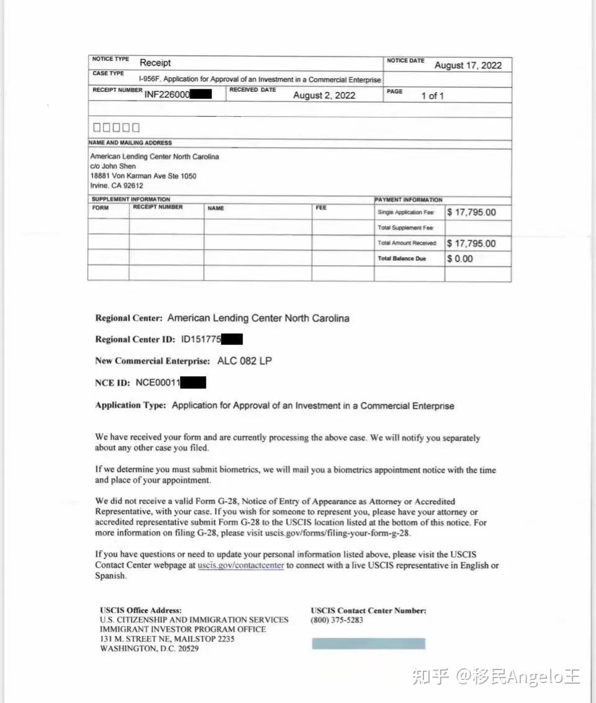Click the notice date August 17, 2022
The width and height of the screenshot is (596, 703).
click(x=467, y=65)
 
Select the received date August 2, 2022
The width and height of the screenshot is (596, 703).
click(x=324, y=95)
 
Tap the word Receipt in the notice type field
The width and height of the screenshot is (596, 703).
click(x=155, y=63)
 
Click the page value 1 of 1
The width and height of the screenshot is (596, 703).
click(x=432, y=96)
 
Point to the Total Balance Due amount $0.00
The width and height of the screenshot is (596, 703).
click(x=459, y=259)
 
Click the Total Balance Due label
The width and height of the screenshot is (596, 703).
click(x=402, y=259)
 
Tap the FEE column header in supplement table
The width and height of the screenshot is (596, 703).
click(x=321, y=208)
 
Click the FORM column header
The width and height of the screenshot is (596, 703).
click(x=101, y=208)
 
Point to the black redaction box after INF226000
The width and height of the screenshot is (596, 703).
click(x=201, y=95)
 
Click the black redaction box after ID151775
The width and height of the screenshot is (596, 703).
click(x=232, y=339)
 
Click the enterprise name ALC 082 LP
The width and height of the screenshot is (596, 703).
click(x=245, y=361)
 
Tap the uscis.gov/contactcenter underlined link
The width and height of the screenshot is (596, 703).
click(x=241, y=565)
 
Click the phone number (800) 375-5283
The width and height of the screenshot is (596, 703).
click(x=337, y=620)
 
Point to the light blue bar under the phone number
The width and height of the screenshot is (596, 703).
click(x=368, y=643)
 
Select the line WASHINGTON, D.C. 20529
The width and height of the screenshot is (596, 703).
click(x=149, y=648)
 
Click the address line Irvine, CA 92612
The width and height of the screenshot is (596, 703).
click(x=117, y=186)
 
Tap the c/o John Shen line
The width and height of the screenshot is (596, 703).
click(x=113, y=166)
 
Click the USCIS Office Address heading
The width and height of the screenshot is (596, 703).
click(x=140, y=610)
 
